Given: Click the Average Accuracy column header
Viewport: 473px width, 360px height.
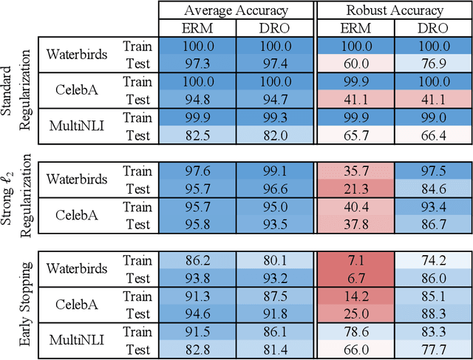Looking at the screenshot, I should point(236,10).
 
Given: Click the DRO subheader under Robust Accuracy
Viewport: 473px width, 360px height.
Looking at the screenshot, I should point(432,29).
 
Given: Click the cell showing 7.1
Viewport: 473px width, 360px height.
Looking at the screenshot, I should point(354,261).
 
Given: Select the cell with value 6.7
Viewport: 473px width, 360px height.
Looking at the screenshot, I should point(354,277).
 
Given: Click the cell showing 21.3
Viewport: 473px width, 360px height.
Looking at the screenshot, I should point(354,189).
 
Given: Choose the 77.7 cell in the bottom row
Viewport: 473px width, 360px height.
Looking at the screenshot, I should point(432,348).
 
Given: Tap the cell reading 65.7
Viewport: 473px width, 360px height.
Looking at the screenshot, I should point(354,135).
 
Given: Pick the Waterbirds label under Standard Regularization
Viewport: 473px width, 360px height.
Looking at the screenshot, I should point(76,54).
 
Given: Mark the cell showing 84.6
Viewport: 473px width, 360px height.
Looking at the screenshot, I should point(432,189).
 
